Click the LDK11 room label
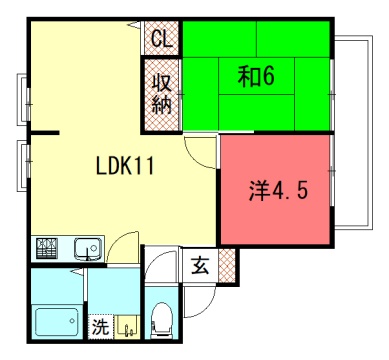(x=125, y=166)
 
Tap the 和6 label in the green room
(x=256, y=76)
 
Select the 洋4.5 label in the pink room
(x=278, y=191)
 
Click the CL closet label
(x=162, y=39)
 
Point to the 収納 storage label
(x=162, y=94)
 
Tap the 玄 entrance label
(x=200, y=265)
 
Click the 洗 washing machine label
(x=100, y=327)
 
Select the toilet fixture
(x=161, y=319)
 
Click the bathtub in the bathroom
(x=57, y=322)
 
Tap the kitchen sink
(x=88, y=249)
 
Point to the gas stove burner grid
(x=47, y=248)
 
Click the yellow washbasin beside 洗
(x=127, y=327)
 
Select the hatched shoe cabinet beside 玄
(x=227, y=266)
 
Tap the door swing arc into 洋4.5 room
(x=196, y=158)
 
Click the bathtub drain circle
(x=72, y=321)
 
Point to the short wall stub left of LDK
(x=45, y=133)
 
